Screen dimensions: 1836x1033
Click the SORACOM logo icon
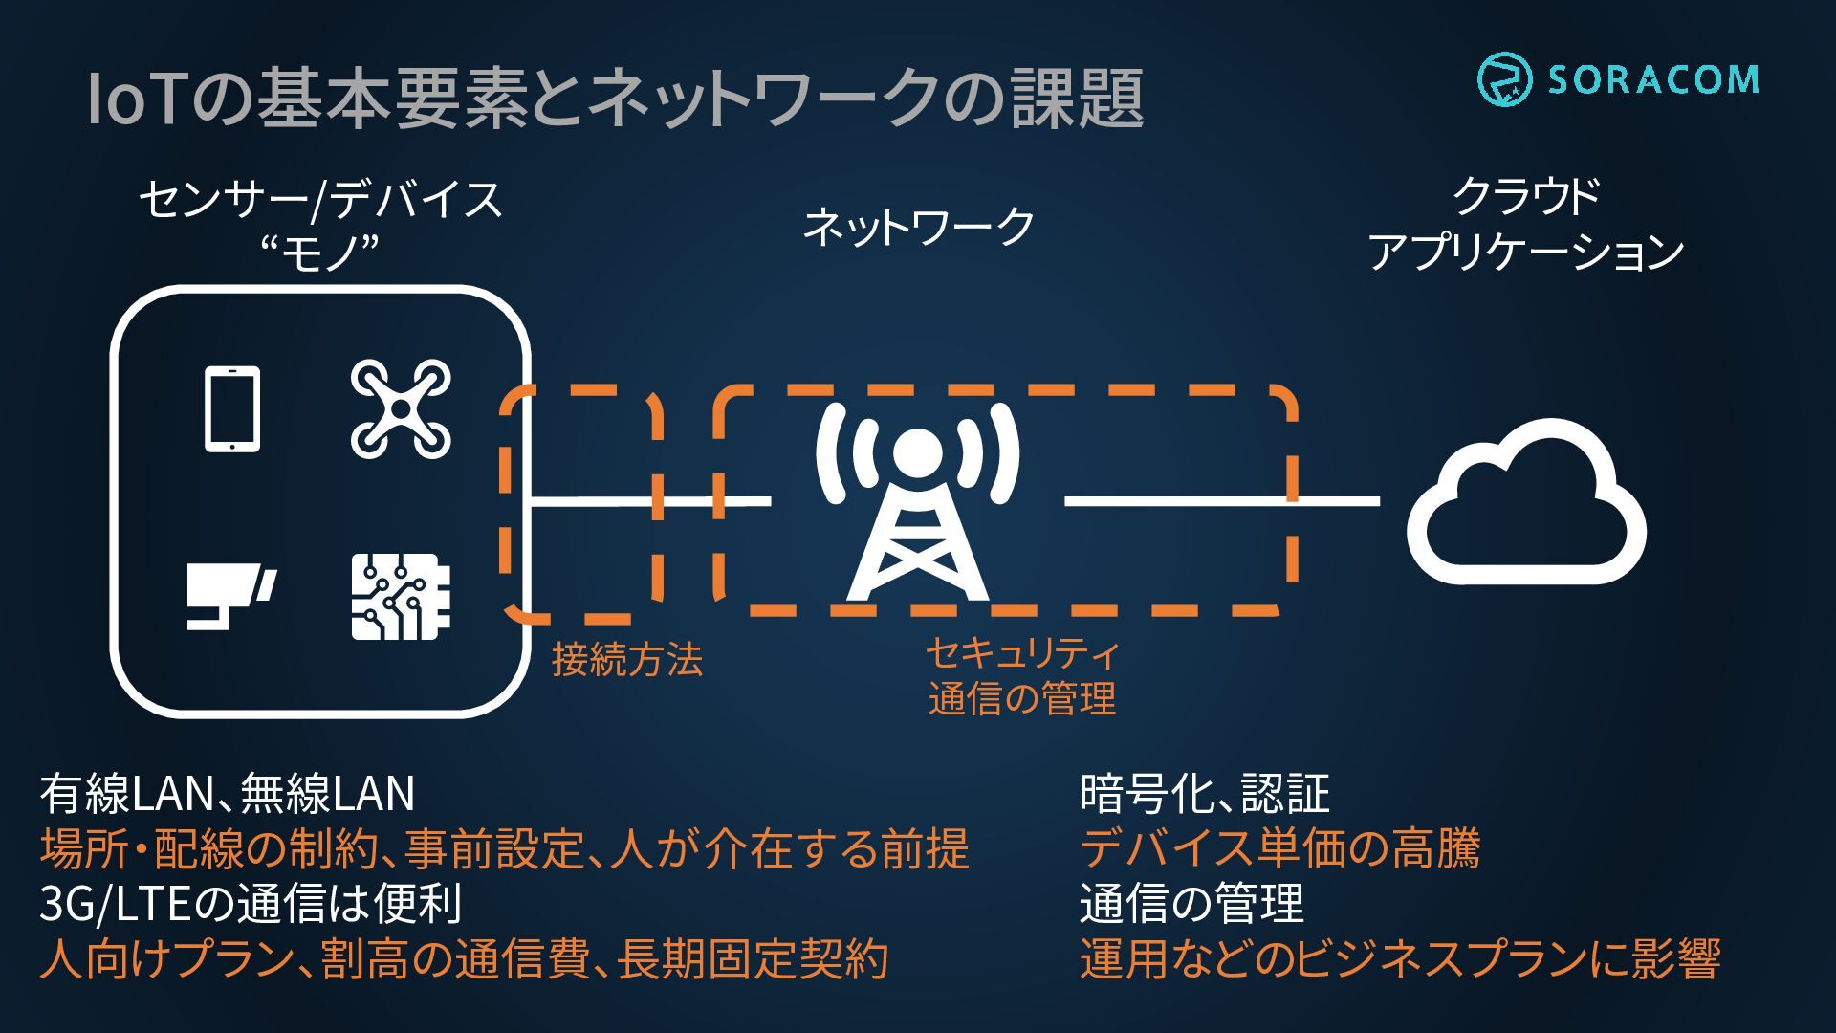click(x=1504, y=78)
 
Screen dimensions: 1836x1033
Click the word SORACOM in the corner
click(x=1653, y=78)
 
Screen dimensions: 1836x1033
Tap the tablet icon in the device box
click(x=232, y=408)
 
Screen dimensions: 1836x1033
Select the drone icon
click(x=401, y=408)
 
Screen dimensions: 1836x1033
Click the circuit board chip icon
click(x=401, y=597)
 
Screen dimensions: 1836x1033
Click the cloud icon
click(x=1526, y=501)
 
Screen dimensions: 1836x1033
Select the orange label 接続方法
click(x=627, y=659)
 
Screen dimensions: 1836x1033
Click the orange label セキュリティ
click(x=1022, y=654)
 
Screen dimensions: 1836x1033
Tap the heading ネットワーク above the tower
click(x=918, y=227)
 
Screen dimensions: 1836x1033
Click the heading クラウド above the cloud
click(x=1526, y=196)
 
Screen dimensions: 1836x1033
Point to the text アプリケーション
click(x=1526, y=252)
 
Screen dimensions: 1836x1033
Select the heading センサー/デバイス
click(x=321, y=200)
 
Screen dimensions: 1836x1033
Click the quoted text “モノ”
click(x=321, y=252)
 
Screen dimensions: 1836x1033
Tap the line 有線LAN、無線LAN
click(x=228, y=793)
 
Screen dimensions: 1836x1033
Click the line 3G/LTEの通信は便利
click(x=251, y=903)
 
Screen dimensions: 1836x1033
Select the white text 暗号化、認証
click(x=1205, y=793)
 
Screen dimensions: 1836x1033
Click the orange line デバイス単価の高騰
click(x=1280, y=848)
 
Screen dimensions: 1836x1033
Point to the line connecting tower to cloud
click(x=1222, y=500)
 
